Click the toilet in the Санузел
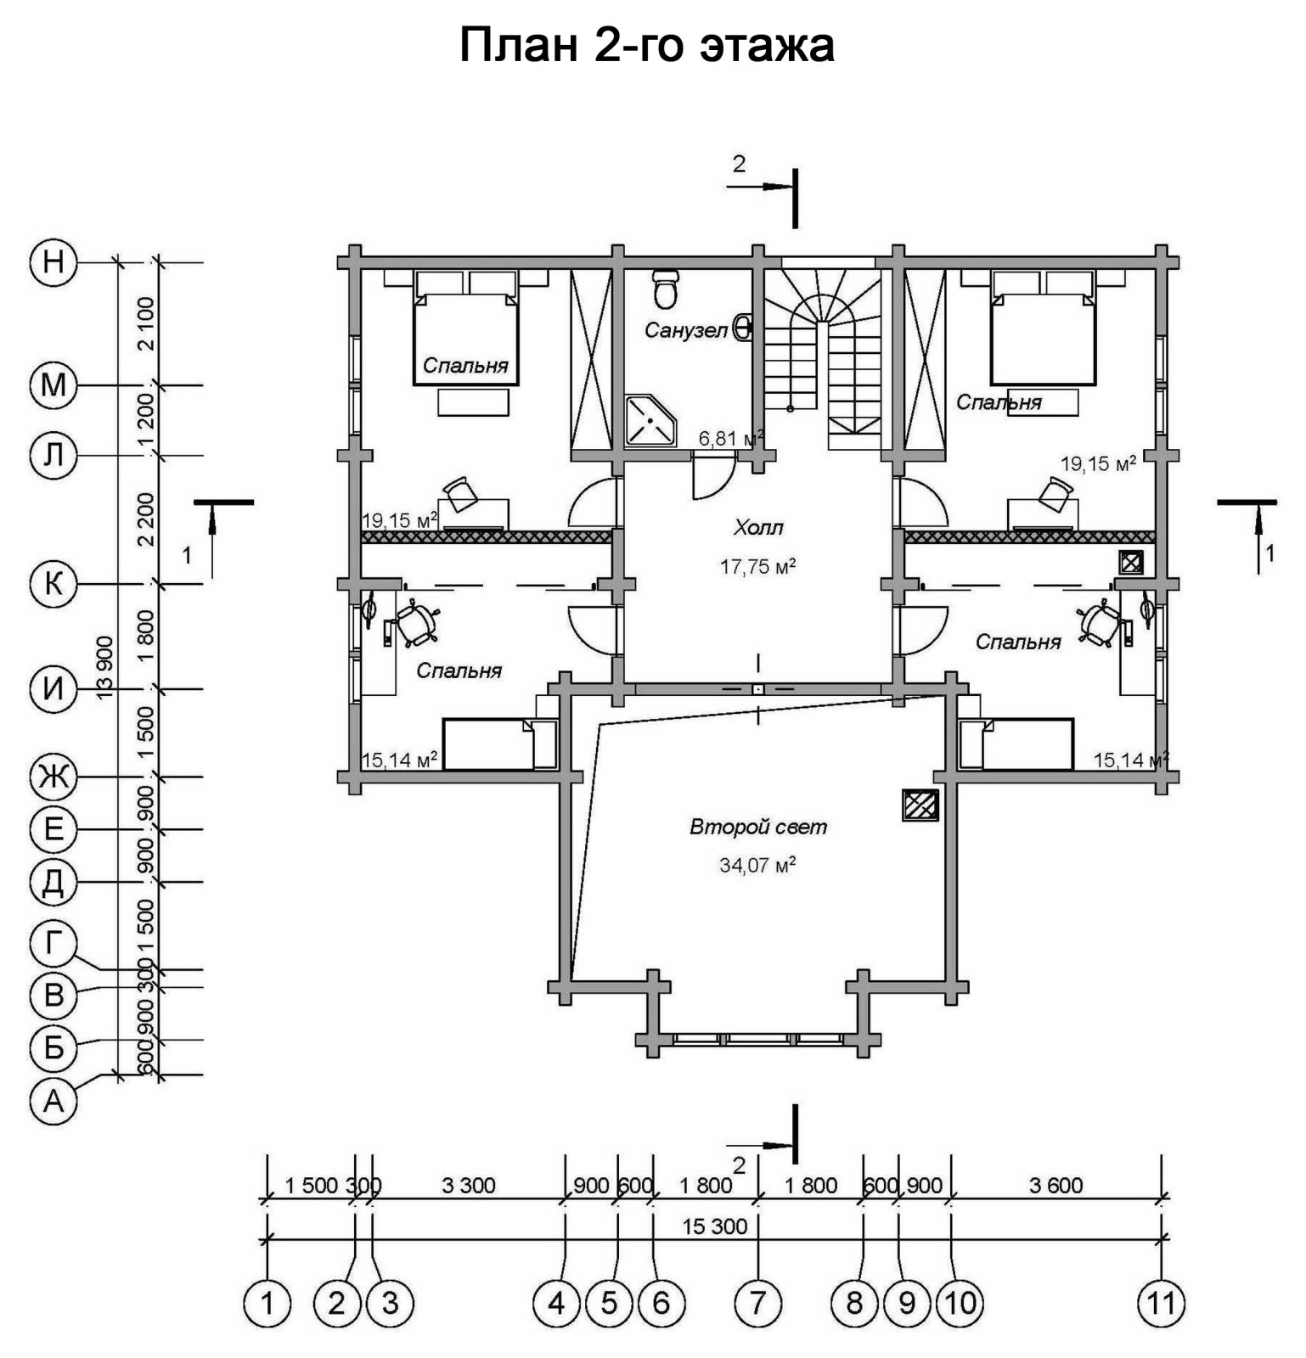click(666, 289)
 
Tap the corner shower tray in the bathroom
click(650, 421)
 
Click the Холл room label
click(758, 528)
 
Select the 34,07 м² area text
click(757, 866)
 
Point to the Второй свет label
click(757, 827)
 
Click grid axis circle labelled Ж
click(53, 777)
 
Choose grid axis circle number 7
click(757, 1302)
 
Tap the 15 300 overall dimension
click(715, 1226)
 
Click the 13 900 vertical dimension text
click(105, 668)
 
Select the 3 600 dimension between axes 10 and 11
click(1055, 1186)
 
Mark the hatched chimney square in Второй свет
click(920, 805)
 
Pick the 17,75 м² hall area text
click(757, 566)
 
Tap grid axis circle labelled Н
click(53, 262)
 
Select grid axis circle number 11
click(1161, 1302)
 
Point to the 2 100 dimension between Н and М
click(146, 323)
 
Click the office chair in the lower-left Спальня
click(416, 624)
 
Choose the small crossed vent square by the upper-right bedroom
click(1130, 562)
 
